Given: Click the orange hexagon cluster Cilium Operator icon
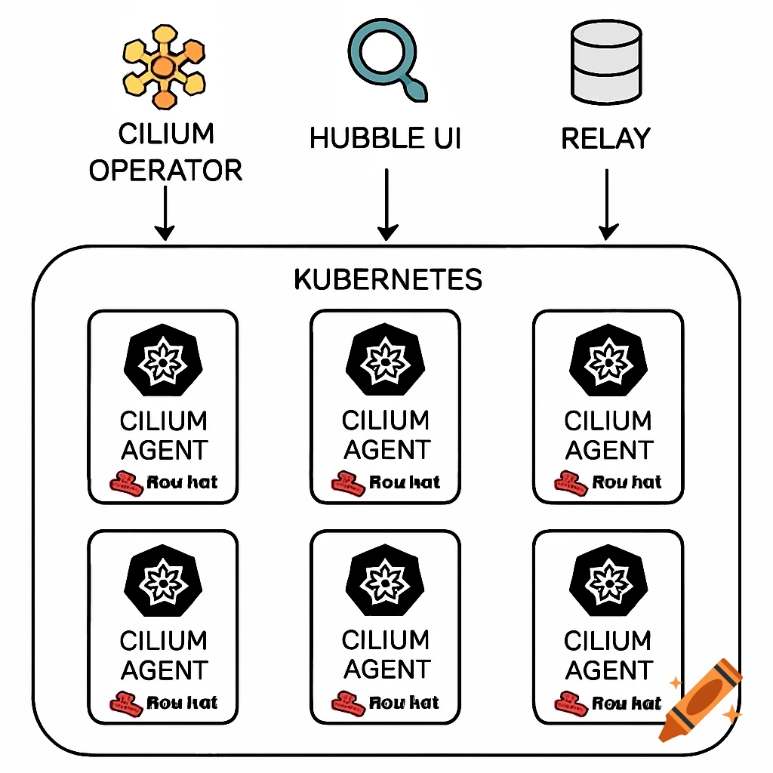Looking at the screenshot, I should [x=163, y=66].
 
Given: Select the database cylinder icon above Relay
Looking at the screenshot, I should [x=606, y=63].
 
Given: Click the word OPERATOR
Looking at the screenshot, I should [x=165, y=170].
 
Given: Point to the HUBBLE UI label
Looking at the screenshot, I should [x=386, y=139].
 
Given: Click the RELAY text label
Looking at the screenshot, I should [x=606, y=139].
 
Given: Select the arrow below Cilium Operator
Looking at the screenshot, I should [x=164, y=213].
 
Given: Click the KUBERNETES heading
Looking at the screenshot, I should [x=387, y=279].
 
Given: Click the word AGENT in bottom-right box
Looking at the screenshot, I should [x=608, y=670].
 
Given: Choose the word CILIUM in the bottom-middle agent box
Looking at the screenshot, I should [x=386, y=640].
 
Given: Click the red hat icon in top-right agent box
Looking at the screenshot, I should [x=571, y=483].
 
